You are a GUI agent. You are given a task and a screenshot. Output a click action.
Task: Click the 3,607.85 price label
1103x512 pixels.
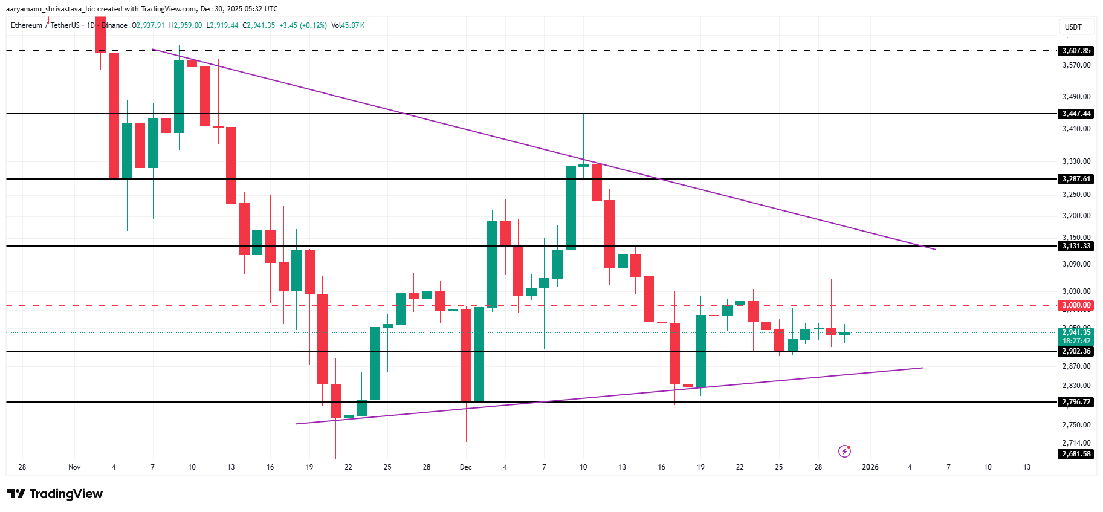click(x=1076, y=51)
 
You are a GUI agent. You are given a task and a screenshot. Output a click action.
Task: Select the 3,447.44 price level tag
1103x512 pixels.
click(x=1076, y=114)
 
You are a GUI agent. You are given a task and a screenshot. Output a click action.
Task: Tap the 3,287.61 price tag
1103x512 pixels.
click(x=1076, y=179)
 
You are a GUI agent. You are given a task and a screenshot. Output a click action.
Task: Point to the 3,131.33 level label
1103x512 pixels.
click(x=1076, y=246)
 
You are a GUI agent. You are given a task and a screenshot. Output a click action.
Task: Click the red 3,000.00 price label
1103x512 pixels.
click(x=1076, y=305)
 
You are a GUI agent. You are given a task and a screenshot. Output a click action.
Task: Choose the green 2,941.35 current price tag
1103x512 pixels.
click(x=1076, y=332)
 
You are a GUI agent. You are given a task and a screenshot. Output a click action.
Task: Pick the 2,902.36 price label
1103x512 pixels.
click(x=1076, y=351)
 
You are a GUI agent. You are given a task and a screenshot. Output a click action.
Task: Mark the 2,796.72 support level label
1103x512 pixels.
click(x=1076, y=402)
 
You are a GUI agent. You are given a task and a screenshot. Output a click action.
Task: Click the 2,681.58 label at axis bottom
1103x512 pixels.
click(x=1076, y=454)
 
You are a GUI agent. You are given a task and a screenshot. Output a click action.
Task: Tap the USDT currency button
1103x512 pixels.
click(x=1073, y=27)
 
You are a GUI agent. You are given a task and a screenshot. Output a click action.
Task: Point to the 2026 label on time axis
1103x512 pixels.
click(x=870, y=467)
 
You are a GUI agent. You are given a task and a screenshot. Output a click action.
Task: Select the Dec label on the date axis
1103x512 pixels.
click(x=465, y=467)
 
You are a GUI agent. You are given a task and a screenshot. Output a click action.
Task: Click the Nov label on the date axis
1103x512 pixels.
click(x=74, y=467)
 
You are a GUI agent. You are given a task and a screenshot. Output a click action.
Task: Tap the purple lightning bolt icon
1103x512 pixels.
click(x=845, y=451)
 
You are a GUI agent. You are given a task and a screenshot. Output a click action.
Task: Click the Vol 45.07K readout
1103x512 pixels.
click(x=348, y=25)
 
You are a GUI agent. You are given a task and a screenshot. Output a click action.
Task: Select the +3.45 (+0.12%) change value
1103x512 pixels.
click(x=303, y=25)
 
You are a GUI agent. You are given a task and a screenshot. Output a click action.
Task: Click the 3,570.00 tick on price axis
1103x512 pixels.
click(x=1076, y=65)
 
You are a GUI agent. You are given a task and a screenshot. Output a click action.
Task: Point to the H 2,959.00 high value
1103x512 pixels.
click(x=186, y=25)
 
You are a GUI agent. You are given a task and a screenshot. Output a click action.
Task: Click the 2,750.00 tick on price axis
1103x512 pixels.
click(x=1076, y=425)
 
